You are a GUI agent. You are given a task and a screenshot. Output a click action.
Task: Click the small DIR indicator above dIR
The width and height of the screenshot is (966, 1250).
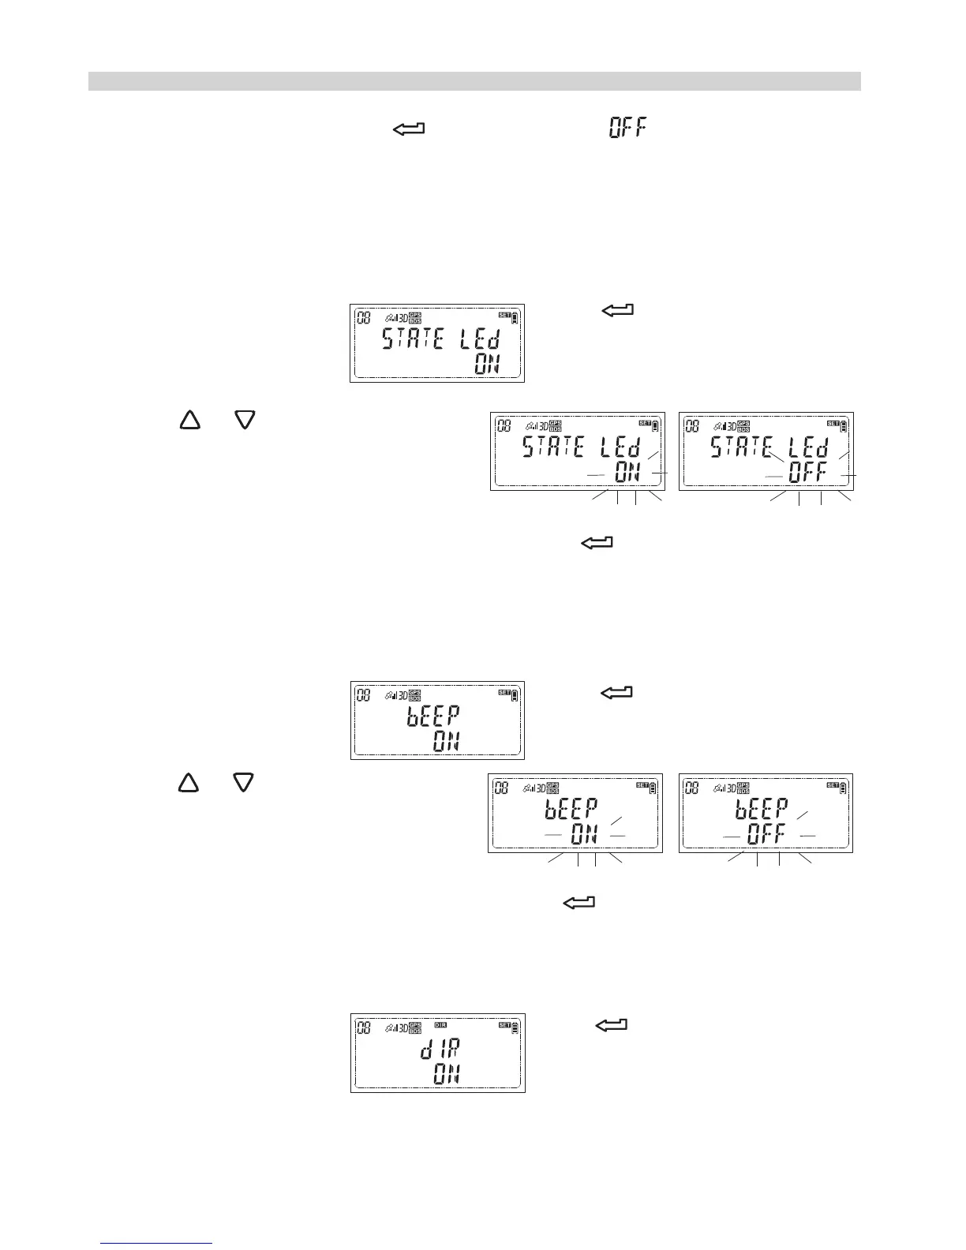(x=440, y=1025)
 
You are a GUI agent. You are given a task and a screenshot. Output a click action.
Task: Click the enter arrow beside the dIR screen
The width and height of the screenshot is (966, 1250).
(x=611, y=1025)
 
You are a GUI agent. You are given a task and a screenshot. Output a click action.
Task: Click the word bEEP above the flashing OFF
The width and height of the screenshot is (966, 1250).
(x=762, y=809)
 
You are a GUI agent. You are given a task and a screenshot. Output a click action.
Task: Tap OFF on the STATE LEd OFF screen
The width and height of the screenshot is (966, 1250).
(x=807, y=473)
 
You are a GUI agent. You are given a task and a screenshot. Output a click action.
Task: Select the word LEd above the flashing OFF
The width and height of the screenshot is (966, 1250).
(x=810, y=449)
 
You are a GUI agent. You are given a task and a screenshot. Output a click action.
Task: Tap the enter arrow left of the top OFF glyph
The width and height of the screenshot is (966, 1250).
(x=408, y=128)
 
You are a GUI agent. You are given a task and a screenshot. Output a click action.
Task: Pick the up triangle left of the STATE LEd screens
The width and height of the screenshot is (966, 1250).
(x=189, y=421)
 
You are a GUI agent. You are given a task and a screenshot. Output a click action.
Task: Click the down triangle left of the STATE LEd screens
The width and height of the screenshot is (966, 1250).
(x=245, y=421)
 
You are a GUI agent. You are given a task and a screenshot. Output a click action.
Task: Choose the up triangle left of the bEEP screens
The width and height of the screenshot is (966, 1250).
(x=188, y=782)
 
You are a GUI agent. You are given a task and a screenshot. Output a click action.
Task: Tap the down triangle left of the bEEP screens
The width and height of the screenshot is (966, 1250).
(x=244, y=782)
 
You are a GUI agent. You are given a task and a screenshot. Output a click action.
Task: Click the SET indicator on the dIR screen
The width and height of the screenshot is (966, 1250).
(x=504, y=1025)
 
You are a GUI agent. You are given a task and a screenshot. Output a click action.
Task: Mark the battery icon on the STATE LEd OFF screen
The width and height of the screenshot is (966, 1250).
(x=844, y=426)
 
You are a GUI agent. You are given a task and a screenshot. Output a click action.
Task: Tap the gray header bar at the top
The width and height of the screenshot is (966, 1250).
(x=474, y=81)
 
